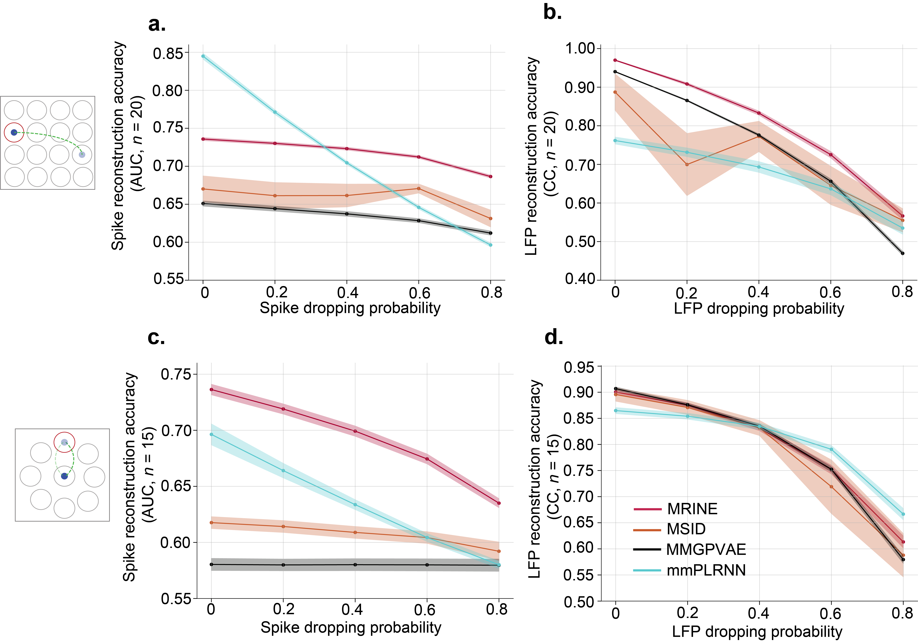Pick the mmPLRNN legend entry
(706, 570)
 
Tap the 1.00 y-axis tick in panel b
(580, 49)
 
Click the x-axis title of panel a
(350, 308)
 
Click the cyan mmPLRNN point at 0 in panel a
(203, 56)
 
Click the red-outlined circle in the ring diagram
(64, 442)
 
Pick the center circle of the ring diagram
(64, 476)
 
